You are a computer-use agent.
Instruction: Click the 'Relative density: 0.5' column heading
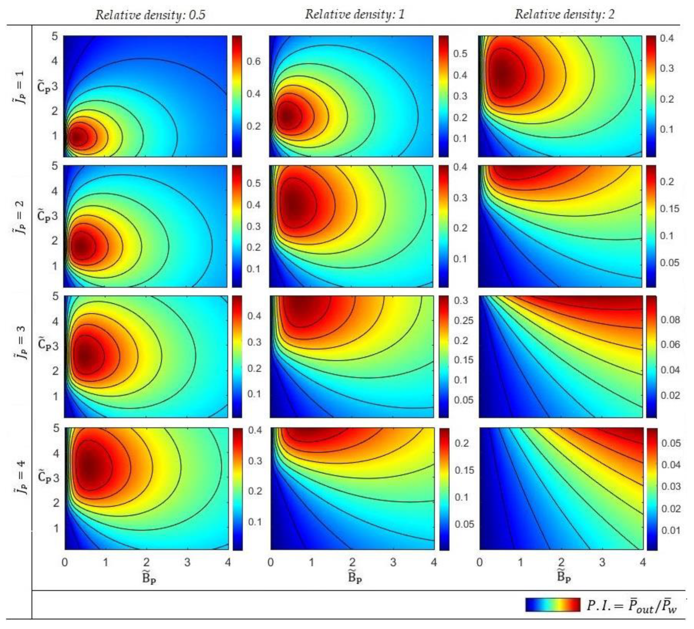(150, 14)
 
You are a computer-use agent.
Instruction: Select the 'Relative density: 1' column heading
(355, 14)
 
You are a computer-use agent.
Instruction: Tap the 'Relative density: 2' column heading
(564, 14)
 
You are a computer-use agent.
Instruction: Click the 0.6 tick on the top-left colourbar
(254, 62)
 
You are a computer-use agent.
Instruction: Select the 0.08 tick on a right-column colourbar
(670, 320)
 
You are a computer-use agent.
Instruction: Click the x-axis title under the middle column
(355, 578)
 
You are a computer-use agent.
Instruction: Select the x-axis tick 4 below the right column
(643, 562)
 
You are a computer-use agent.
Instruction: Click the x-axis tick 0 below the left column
(65, 562)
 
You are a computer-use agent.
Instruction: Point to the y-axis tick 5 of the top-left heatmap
(55, 36)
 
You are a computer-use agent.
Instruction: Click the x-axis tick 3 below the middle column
(393, 562)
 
